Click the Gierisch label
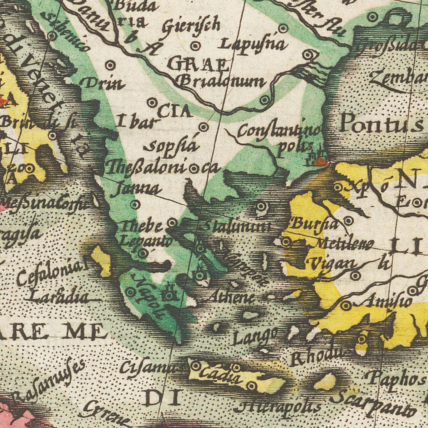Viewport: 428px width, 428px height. pos(191,27)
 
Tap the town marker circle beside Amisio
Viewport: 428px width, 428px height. pos(346,305)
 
